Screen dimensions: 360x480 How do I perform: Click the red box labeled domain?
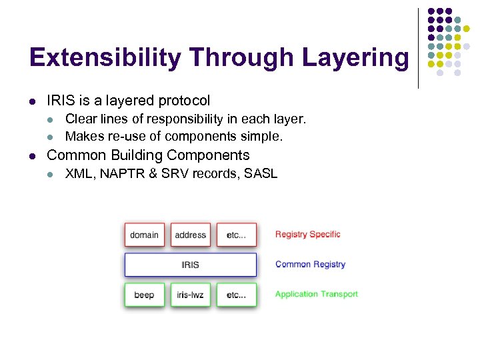click(x=144, y=235)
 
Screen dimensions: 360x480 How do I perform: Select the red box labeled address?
click(x=191, y=235)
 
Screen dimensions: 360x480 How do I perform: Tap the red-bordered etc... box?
click(x=237, y=235)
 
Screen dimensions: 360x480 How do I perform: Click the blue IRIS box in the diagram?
click(x=191, y=265)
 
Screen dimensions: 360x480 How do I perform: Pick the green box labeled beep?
click(x=144, y=295)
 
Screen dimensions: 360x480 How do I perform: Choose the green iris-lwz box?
click(x=191, y=295)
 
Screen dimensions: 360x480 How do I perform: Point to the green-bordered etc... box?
click(x=237, y=295)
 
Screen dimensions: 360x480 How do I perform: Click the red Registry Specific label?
click(x=307, y=235)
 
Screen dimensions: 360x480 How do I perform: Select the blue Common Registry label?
click(x=310, y=265)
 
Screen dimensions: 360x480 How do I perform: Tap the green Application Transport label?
click(x=316, y=294)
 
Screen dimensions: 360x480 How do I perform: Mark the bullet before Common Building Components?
click(x=31, y=156)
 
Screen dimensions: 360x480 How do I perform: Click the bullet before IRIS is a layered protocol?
click(x=31, y=101)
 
